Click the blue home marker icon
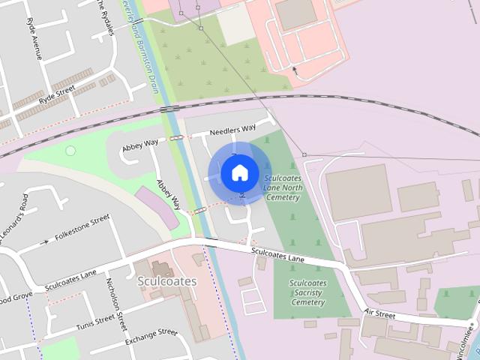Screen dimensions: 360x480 (239, 173)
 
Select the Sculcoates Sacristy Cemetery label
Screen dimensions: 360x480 (307, 292)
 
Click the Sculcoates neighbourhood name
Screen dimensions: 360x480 (166, 281)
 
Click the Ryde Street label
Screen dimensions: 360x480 (57, 94)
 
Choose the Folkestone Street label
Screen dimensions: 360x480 (83, 226)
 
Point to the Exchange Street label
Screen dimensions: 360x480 (151, 337)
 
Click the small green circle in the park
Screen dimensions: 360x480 (70, 151)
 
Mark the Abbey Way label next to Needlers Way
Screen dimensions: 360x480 (141, 142)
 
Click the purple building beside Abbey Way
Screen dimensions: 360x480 (156, 208)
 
